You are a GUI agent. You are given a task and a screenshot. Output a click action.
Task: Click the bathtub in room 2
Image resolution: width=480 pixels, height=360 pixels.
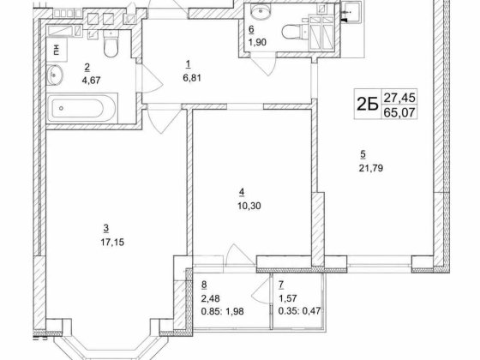click(82, 108)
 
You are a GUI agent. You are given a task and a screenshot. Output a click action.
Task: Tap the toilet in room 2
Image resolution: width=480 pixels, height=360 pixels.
click(111, 44)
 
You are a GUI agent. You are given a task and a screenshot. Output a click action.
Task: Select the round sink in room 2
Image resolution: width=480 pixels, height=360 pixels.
click(55, 75)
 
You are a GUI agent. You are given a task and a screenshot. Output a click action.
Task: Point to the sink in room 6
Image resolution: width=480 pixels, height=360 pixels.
click(261, 12)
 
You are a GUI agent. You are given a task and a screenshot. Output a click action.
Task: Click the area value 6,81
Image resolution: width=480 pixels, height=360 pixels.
click(192, 78)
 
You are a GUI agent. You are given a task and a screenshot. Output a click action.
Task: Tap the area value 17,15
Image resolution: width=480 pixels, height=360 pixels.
click(112, 243)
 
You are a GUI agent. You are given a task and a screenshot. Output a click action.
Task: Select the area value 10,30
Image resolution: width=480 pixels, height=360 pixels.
click(249, 206)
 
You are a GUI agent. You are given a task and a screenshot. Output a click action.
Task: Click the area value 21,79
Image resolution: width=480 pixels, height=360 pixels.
click(371, 168)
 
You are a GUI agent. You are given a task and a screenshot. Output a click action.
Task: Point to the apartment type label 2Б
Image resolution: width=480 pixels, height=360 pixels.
click(367, 105)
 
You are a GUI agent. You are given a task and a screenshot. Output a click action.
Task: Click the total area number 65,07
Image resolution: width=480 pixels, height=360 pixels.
click(399, 112)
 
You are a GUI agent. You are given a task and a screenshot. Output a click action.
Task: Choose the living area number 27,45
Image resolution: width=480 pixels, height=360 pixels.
click(399, 98)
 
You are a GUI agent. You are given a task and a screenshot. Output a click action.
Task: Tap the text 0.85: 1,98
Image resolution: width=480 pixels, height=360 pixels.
click(222, 311)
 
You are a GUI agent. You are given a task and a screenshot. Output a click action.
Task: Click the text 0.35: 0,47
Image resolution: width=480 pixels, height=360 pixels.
click(299, 311)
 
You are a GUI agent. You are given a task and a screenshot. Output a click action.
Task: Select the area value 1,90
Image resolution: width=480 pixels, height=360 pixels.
click(257, 42)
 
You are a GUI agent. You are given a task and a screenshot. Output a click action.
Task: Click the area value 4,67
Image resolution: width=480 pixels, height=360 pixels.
click(91, 81)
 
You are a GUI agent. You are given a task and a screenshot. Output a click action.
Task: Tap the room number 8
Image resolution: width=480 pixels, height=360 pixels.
click(204, 285)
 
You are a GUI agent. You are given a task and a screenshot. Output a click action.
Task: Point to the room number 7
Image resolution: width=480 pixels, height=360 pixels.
click(281, 285)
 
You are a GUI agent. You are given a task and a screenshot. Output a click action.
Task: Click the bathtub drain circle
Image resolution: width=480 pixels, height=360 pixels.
click(61, 108)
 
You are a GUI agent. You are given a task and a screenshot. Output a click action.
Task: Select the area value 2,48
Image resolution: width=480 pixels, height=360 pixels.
click(210, 298)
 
